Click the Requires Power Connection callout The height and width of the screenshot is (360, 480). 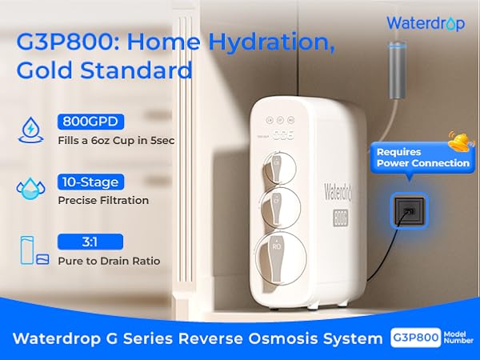tap(422, 158)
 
